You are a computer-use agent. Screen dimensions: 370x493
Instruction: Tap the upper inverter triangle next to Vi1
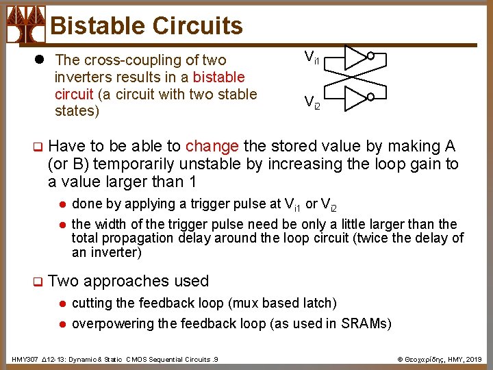tap(355, 58)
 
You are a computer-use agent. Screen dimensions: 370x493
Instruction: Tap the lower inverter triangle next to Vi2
tap(355, 99)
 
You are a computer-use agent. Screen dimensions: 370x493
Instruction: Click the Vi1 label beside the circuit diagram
tap(312, 58)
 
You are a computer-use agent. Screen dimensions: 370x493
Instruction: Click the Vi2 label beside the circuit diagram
tap(312, 102)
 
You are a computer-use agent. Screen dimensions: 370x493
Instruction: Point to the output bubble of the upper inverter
tap(370, 57)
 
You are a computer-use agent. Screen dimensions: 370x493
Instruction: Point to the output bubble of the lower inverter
tap(370, 99)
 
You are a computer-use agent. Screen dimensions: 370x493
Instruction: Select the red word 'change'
tap(212, 146)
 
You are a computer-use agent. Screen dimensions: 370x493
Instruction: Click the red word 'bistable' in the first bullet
tap(219, 77)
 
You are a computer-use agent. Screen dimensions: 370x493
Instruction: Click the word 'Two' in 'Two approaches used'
tap(63, 281)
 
